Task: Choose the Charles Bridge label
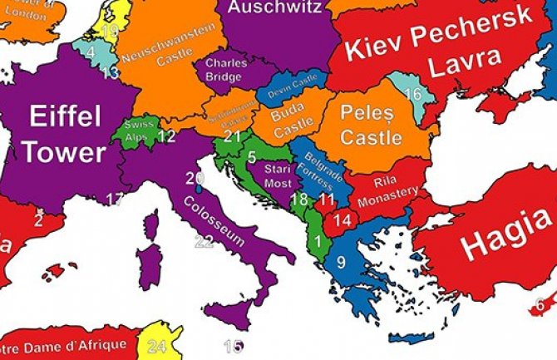[224, 70]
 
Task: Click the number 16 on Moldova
[413, 94]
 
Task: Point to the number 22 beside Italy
[204, 242]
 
